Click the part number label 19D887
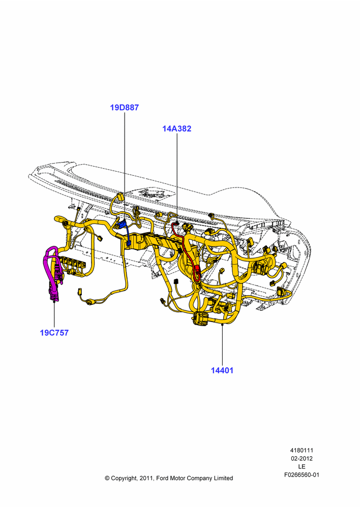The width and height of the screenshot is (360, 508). pyautogui.click(x=124, y=108)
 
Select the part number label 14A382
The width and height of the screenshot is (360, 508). pyautogui.click(x=177, y=129)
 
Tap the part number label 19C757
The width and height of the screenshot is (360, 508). pyautogui.click(x=54, y=333)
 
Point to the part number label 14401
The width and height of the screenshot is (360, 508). pyautogui.click(x=222, y=370)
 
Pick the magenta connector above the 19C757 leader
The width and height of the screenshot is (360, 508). pyautogui.click(x=53, y=291)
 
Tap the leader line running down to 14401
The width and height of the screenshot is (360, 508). pyautogui.click(x=223, y=344)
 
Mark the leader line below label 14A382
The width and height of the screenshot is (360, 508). pyautogui.click(x=177, y=178)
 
